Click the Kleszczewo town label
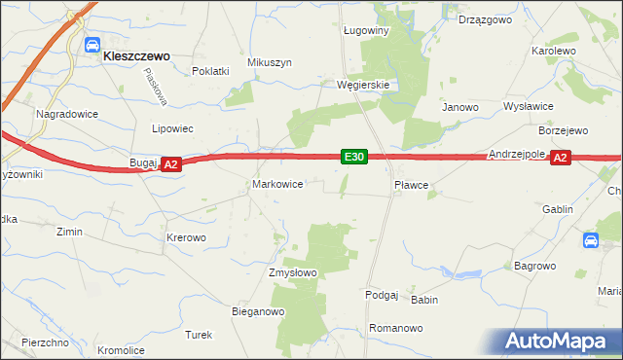click(x=137, y=56)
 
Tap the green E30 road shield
click(x=353, y=157)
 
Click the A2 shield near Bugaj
click(x=170, y=165)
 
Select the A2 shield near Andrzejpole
click(x=560, y=158)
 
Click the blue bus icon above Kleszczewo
click(x=93, y=44)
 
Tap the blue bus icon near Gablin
click(x=591, y=240)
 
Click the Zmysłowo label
click(x=293, y=273)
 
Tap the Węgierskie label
click(x=363, y=85)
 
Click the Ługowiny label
click(x=366, y=30)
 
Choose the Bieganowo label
click(x=257, y=312)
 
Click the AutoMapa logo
click(x=559, y=341)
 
